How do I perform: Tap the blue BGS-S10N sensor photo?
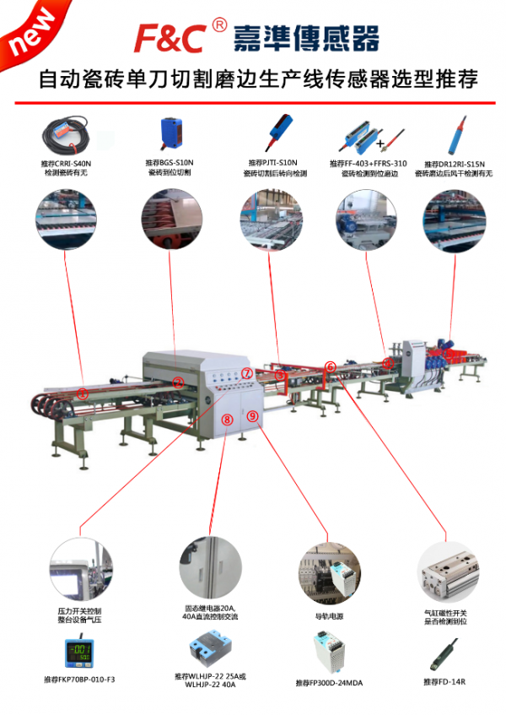[170, 133]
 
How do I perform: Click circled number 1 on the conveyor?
[83, 393]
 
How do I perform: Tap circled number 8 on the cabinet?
[227, 419]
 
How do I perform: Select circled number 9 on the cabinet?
[251, 415]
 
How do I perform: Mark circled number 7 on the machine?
[246, 373]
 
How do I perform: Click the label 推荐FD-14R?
[444, 680]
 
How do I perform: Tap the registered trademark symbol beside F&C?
[219, 26]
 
